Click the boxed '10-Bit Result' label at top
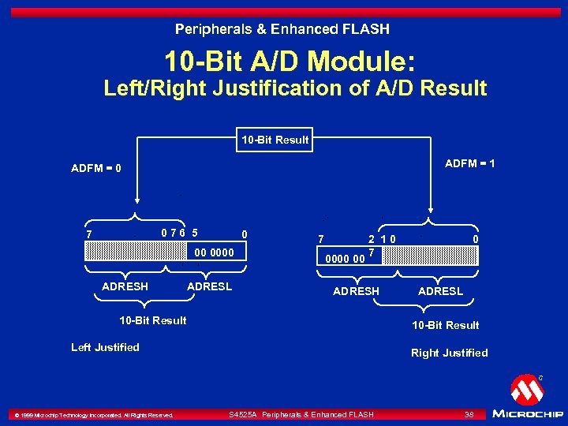tap(275, 140)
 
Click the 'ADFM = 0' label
tap(95, 169)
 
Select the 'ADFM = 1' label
tap(470, 163)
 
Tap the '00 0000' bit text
tap(214, 252)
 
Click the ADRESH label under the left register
tap(125, 286)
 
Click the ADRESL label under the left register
tap(209, 286)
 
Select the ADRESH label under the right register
tap(356, 291)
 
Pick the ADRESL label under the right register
tap(440, 291)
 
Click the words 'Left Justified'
tap(105, 347)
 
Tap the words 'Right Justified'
tap(449, 353)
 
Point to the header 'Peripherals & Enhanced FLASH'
tap(282, 29)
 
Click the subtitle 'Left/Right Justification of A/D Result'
tap(295, 88)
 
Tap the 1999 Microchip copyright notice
tap(93, 415)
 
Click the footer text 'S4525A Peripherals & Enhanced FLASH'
tap(301, 414)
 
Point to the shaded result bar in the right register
tap(439, 256)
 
